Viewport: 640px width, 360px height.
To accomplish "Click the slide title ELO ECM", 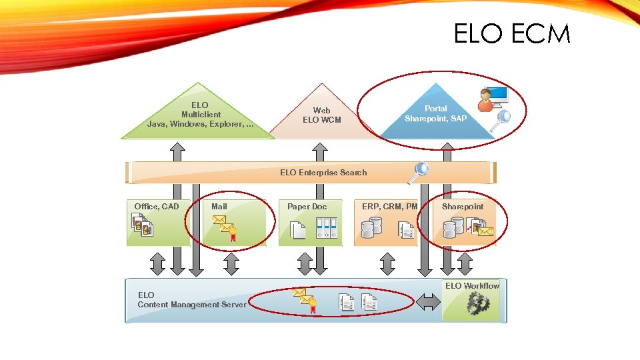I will coord(511,33).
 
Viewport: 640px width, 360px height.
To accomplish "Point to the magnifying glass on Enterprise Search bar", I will coord(419,173).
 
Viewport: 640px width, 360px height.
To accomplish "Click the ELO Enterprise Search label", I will coord(323,173).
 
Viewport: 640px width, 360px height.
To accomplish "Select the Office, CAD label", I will coord(157,207).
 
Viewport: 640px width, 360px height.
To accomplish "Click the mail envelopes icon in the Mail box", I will coord(224,227).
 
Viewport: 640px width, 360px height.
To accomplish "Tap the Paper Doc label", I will coord(307,207).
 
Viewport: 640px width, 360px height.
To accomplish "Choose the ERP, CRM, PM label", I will coord(390,207).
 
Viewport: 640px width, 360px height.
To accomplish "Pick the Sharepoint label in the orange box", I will coord(463,207).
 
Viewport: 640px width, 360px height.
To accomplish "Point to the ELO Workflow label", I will coord(472,286).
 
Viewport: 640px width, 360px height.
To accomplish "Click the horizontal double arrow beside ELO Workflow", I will coord(428,302).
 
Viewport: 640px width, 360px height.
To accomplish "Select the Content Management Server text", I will coord(192,305).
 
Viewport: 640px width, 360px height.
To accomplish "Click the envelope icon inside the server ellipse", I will coord(303,300).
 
